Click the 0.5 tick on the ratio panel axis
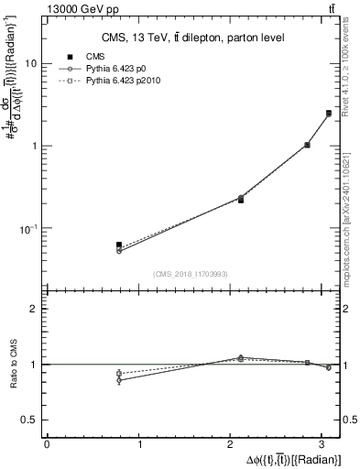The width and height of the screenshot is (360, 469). [x=28, y=420]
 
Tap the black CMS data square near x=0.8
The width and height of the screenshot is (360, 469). [x=119, y=245]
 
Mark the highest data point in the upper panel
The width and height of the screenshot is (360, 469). [x=328, y=114]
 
